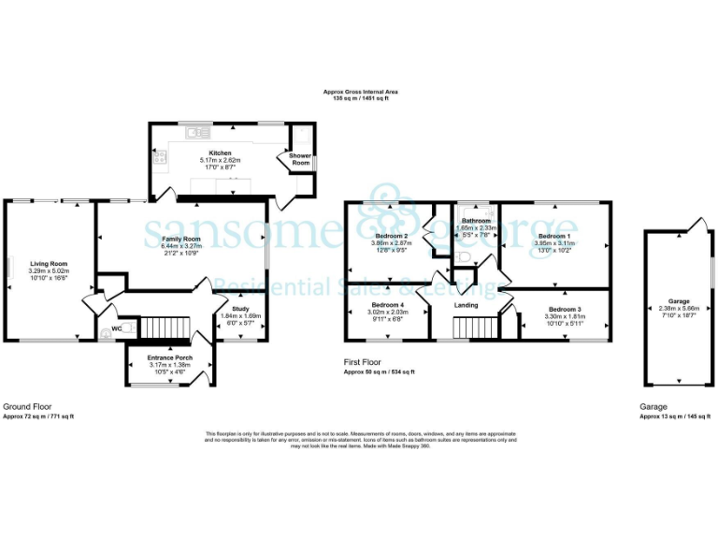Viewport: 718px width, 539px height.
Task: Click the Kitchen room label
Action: click(x=221, y=153)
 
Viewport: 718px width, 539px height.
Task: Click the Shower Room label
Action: click(x=300, y=159)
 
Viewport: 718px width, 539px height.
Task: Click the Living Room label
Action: click(x=50, y=263)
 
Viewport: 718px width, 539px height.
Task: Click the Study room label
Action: click(x=242, y=309)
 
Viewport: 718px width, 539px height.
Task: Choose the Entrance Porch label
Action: click(x=169, y=357)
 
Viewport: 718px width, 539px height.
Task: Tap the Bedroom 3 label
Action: click(x=565, y=309)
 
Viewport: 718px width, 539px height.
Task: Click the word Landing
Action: click(x=467, y=305)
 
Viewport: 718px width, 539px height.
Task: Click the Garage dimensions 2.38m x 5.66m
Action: click(x=678, y=309)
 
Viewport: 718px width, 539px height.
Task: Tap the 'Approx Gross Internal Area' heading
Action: click(x=360, y=93)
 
